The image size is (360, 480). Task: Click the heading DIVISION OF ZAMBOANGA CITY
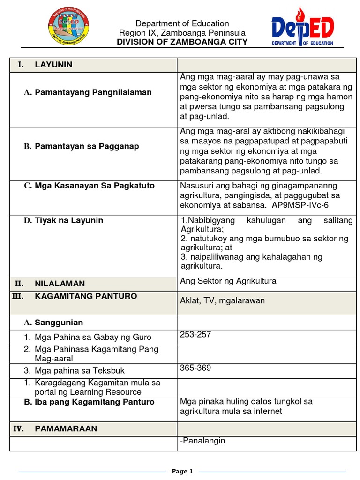pyautogui.click(x=182, y=42)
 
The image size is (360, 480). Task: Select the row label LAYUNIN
pyautogui.click(x=53, y=65)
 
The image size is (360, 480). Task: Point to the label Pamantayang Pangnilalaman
pyautogui.click(x=93, y=92)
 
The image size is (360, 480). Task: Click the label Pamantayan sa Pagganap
pyautogui.click(x=87, y=146)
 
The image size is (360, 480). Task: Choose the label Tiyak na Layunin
pyautogui.click(x=69, y=220)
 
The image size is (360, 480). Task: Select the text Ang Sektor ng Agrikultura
pyautogui.click(x=228, y=281)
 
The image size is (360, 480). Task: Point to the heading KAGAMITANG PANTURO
pyautogui.click(x=86, y=296)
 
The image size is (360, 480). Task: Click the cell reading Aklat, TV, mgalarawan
pyautogui.click(x=222, y=300)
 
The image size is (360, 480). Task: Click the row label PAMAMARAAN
pyautogui.click(x=66, y=428)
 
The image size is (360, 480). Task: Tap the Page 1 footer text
pyautogui.click(x=182, y=471)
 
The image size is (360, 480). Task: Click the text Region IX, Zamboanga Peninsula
pyautogui.click(x=182, y=33)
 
